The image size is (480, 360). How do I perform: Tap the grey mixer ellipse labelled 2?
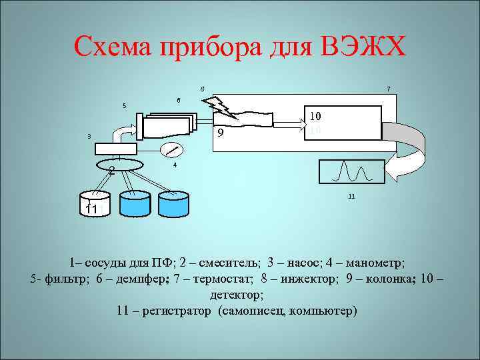coord(120,164)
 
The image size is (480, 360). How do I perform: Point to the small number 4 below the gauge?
coord(174,165)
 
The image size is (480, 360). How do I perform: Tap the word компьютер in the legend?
coord(326,311)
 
